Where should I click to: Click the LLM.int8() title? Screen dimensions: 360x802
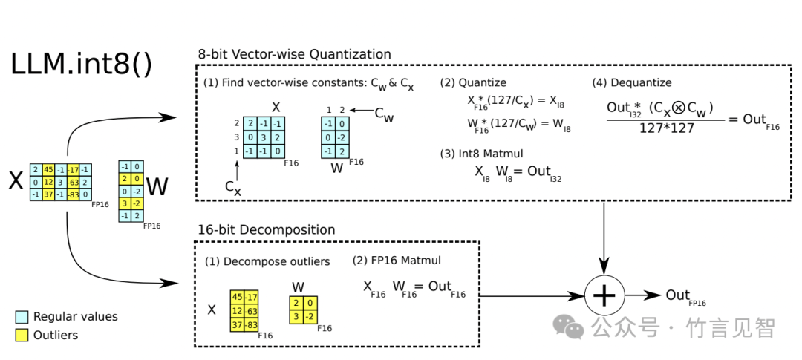pos(81,65)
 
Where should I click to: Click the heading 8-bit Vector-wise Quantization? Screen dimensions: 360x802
pos(294,54)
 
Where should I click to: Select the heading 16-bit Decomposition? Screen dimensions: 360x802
pos(266,229)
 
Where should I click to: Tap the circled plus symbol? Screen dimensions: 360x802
pos(604,295)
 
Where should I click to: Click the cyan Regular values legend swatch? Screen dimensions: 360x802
pos(22,317)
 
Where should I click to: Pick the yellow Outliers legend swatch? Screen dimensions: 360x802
pos(22,335)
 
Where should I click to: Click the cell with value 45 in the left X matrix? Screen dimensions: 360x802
pos(48,169)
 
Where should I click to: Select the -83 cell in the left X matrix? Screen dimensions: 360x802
pos(73,194)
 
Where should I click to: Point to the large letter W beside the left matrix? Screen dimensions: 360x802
pos(157,187)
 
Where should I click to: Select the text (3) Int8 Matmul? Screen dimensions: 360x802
pos(478,154)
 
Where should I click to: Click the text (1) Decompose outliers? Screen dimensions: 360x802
pos(267,262)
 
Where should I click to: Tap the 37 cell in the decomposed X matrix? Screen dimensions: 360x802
pos(238,324)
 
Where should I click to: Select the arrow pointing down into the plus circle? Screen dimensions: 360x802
pos(604,252)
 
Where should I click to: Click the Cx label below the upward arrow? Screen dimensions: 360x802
pos(233,188)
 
